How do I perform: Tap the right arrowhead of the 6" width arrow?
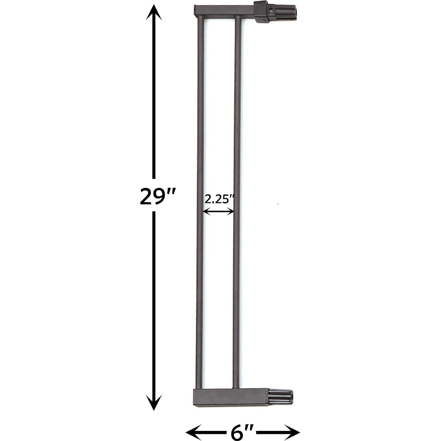[293, 432]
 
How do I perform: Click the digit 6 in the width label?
[238, 432]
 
